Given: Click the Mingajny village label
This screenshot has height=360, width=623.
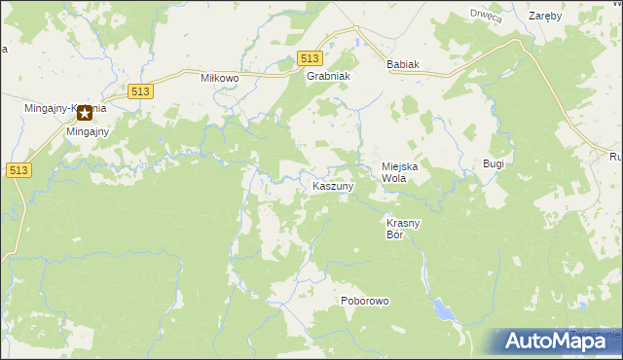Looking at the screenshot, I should pyautogui.click(x=88, y=131).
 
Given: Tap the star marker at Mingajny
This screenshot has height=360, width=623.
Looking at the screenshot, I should pyautogui.click(x=85, y=113).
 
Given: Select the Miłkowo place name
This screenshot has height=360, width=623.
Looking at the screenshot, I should pyautogui.click(x=219, y=78).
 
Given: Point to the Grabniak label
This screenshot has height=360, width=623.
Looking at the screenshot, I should pyautogui.click(x=328, y=76).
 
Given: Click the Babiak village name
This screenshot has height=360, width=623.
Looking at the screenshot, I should pyautogui.click(x=402, y=64).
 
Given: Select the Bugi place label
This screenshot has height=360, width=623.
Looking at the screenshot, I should pyautogui.click(x=494, y=163).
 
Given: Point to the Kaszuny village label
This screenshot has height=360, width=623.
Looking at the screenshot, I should pyautogui.click(x=333, y=185).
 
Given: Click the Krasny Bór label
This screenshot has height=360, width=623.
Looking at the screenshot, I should pyautogui.click(x=402, y=229).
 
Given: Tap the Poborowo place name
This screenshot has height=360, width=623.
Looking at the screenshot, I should pyautogui.click(x=365, y=301).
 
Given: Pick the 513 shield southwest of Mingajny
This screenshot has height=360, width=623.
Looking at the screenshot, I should pyautogui.click(x=18, y=169).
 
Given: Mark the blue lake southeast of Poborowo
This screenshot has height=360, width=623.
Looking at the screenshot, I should pyautogui.click(x=443, y=310).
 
